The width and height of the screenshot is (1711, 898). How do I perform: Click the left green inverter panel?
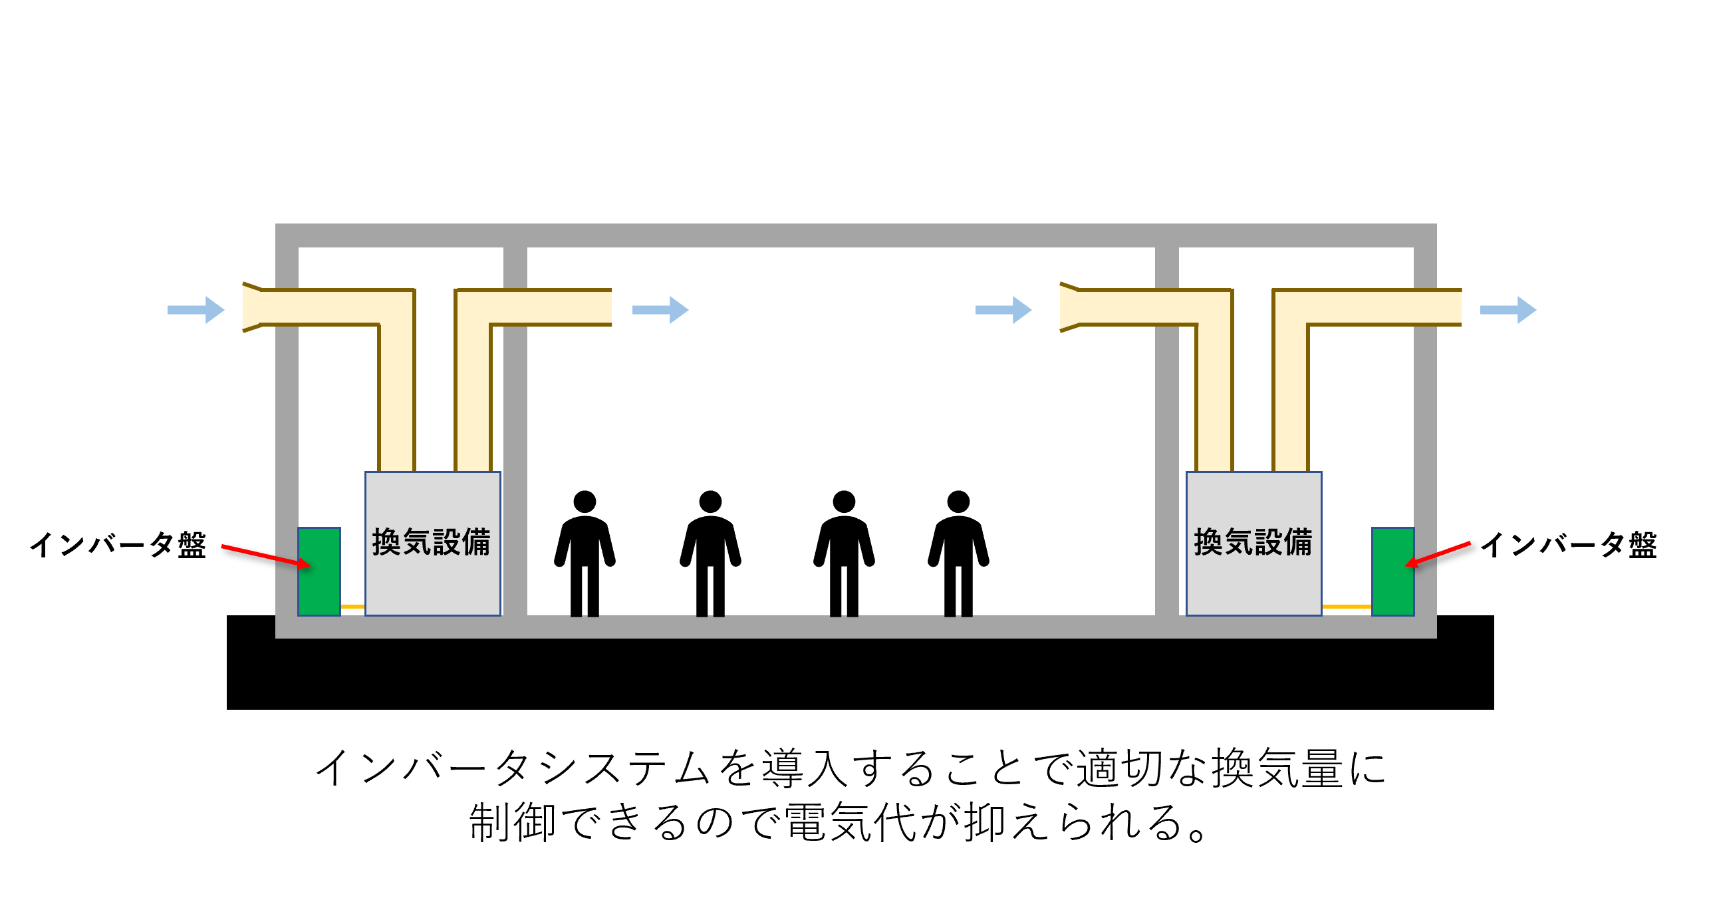pyautogui.click(x=319, y=571)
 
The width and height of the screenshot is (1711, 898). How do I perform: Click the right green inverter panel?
pyautogui.click(x=1392, y=571)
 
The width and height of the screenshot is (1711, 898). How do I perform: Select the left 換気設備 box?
pyautogui.click(x=433, y=543)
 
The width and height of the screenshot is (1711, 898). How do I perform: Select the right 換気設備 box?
pyautogui.click(x=1254, y=543)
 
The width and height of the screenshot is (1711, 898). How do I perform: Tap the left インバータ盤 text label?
pyautogui.click(x=118, y=545)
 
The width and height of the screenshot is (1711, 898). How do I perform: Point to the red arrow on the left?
pyautogui.click(x=266, y=556)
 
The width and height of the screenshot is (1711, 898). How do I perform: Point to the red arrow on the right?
pyautogui.click(x=1438, y=555)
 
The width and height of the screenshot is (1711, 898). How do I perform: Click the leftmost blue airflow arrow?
pyautogui.click(x=196, y=309)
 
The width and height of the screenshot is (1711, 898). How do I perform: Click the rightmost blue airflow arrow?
pyautogui.click(x=1508, y=309)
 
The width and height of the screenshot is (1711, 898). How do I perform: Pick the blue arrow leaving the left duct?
pyautogui.click(x=660, y=309)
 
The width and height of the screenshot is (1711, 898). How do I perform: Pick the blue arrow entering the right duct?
pyautogui.click(x=1003, y=309)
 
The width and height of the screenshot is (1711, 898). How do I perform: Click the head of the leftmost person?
pyautogui.click(x=585, y=502)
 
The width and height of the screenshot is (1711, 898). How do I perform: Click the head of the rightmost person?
pyautogui.click(x=958, y=502)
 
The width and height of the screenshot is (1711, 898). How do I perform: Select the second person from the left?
pyautogui.click(x=710, y=553)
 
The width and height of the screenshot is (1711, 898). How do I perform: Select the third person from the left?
pyautogui.click(x=844, y=553)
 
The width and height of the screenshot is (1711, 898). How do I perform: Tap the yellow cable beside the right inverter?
pyautogui.click(x=1347, y=607)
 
